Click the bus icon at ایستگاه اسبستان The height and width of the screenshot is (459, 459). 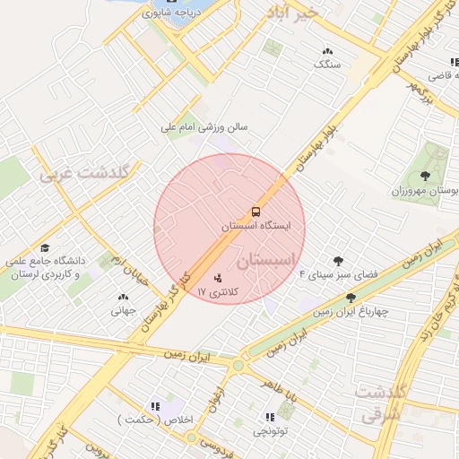click(256, 212)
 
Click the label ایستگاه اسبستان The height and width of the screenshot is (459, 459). click(258, 228)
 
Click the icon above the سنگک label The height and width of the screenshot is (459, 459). click(327, 52)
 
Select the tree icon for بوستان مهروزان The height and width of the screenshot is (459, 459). click(425, 175)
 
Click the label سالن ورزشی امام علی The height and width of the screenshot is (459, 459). click(204, 127)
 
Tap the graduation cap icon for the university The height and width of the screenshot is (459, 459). click(45, 247)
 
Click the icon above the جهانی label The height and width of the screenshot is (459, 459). click(122, 297)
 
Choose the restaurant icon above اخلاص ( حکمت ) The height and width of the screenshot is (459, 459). click(158, 405)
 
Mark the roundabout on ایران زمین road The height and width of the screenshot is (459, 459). click(238, 365)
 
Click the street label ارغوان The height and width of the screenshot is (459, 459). click(215, 397)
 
